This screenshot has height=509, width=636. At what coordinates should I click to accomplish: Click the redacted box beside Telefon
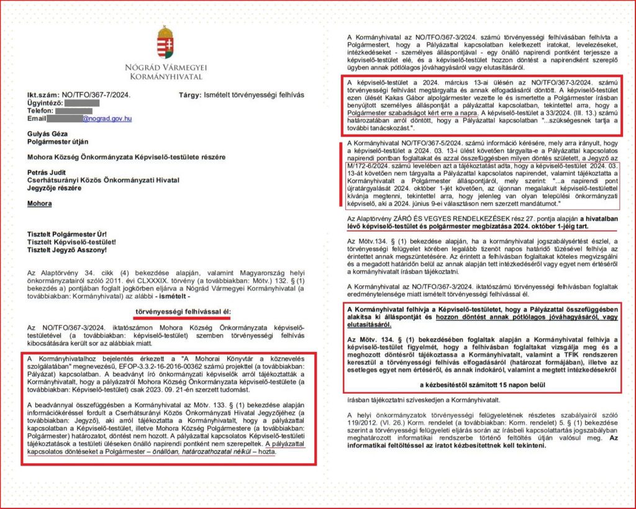click(x=74, y=110)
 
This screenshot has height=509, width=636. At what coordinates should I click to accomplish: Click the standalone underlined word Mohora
click(x=39, y=203)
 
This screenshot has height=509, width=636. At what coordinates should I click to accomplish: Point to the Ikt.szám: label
click(x=41, y=95)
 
